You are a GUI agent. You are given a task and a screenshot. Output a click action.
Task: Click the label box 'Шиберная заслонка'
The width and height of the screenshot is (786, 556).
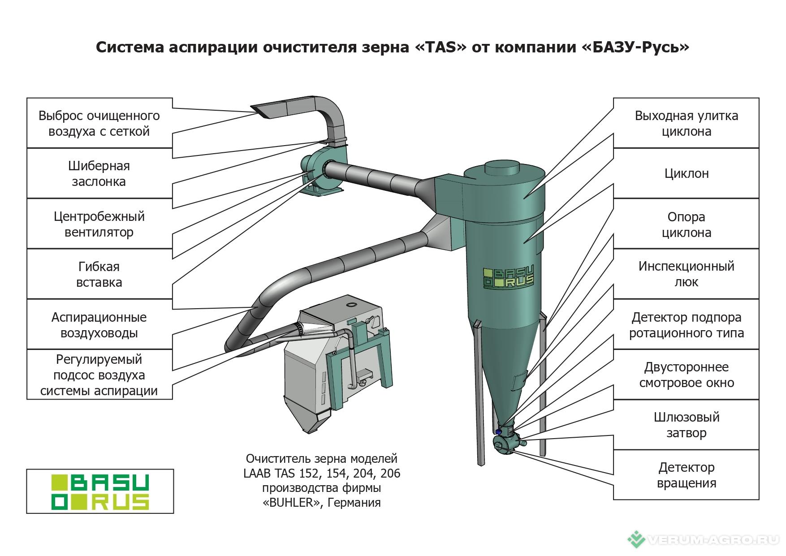[99, 173]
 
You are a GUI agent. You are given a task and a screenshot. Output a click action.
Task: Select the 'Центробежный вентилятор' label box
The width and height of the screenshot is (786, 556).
[99, 224]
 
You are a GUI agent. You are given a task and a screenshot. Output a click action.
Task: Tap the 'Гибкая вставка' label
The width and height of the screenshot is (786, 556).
[99, 274]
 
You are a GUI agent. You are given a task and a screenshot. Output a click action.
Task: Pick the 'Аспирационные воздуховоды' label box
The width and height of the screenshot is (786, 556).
[99, 325]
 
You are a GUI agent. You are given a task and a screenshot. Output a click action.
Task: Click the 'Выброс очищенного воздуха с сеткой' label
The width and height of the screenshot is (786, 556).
[99, 123]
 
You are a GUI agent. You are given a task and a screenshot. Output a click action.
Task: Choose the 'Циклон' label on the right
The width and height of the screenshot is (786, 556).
[686, 173]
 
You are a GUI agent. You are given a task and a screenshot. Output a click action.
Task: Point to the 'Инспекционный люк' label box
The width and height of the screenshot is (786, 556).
[686, 274]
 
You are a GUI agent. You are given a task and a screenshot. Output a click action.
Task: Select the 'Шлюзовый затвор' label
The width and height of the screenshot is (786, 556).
[686, 425]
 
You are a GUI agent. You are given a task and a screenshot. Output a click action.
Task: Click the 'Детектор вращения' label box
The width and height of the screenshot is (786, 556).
[686, 475]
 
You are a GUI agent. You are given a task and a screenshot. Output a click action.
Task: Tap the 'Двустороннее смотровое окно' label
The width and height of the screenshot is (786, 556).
[686, 375]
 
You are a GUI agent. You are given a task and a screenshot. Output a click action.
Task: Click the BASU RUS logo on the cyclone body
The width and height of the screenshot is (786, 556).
[509, 278]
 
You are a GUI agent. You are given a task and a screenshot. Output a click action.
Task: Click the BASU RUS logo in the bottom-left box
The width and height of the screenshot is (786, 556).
[100, 491]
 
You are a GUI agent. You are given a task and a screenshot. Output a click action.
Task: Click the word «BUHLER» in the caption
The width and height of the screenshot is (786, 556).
[293, 503]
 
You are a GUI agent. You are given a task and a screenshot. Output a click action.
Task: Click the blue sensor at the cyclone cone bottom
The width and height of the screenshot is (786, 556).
[498, 431]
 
